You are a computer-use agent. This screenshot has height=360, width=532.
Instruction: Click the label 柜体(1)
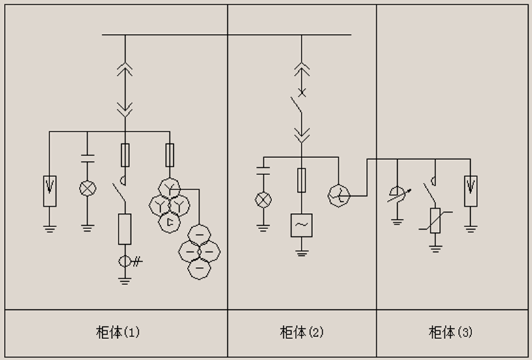click(117, 333)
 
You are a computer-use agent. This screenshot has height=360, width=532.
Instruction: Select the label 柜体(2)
click(301, 333)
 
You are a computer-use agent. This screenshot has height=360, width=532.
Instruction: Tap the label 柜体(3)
click(451, 333)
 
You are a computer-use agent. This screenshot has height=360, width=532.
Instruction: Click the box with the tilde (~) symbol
click(301, 225)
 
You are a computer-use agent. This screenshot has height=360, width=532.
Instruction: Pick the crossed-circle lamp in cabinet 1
click(87, 189)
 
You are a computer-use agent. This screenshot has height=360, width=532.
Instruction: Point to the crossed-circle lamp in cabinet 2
click(263, 199)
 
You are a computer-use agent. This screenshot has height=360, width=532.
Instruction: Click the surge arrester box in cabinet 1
click(49, 191)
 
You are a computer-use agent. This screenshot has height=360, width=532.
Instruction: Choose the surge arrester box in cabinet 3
click(470, 191)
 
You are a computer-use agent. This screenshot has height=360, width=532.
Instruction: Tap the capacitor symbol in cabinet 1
click(87, 158)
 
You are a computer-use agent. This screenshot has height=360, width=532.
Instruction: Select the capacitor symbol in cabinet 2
click(263, 171)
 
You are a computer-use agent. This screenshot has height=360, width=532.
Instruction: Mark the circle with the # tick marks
click(125, 262)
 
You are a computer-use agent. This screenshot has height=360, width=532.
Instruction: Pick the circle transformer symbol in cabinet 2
click(339, 193)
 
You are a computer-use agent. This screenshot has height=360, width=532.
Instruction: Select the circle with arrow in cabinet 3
click(397, 194)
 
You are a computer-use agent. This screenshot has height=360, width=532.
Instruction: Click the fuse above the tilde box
click(301, 180)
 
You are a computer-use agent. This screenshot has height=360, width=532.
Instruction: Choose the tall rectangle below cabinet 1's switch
click(125, 228)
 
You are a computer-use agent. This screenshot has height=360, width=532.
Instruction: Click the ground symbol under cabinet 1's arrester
click(49, 227)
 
